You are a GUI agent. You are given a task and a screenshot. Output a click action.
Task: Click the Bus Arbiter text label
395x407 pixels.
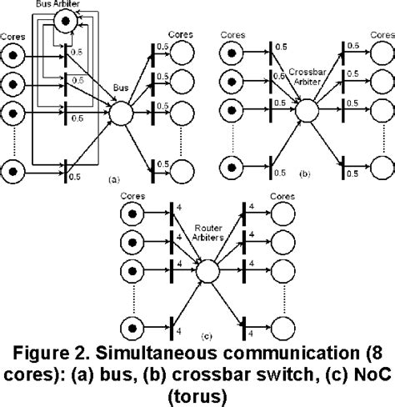(x=57, y=5)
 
